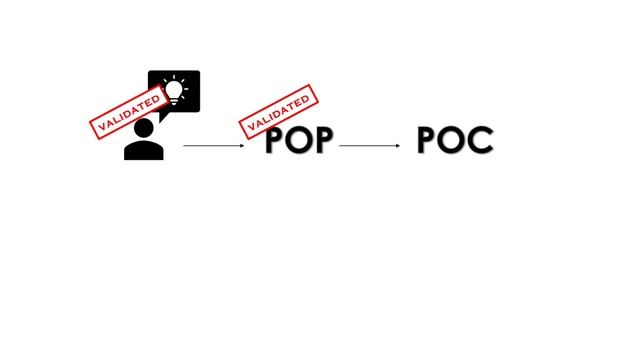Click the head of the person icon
click(144, 127)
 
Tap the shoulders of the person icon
click(144, 151)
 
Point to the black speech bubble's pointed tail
click(163, 115)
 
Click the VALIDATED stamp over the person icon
click(127, 112)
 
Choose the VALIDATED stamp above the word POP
click(279, 111)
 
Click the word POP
click(299, 142)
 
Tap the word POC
click(455, 142)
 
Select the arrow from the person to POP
click(213, 147)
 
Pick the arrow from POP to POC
click(370, 147)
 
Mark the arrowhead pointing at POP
click(241, 147)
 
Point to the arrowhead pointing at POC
click(397, 147)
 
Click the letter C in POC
click(481, 142)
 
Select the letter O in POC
click(455, 142)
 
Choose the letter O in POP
click(299, 142)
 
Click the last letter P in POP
click(323, 142)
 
